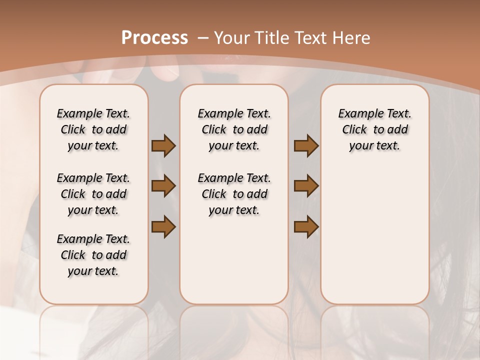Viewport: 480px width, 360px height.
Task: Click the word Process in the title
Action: point(154,37)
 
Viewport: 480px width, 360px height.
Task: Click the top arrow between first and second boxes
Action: point(163,146)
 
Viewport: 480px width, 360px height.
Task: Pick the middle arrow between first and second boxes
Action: point(163,186)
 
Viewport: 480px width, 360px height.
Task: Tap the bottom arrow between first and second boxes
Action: point(163,226)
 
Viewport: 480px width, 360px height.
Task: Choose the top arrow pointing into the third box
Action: point(306,146)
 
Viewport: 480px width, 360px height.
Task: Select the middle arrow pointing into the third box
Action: point(306,186)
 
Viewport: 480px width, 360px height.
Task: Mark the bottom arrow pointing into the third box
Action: point(306,226)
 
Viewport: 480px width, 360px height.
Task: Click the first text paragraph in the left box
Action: point(93,129)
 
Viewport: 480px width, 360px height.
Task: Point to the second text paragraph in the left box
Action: point(93,194)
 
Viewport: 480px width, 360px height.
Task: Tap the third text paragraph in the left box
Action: point(93,255)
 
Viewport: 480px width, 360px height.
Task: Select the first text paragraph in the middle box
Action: point(234,129)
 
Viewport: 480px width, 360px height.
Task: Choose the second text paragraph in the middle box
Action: point(234,194)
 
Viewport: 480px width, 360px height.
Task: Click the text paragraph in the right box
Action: point(374,129)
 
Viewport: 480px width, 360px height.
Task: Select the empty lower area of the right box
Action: point(374,235)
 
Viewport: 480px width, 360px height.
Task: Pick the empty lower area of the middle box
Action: point(234,260)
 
